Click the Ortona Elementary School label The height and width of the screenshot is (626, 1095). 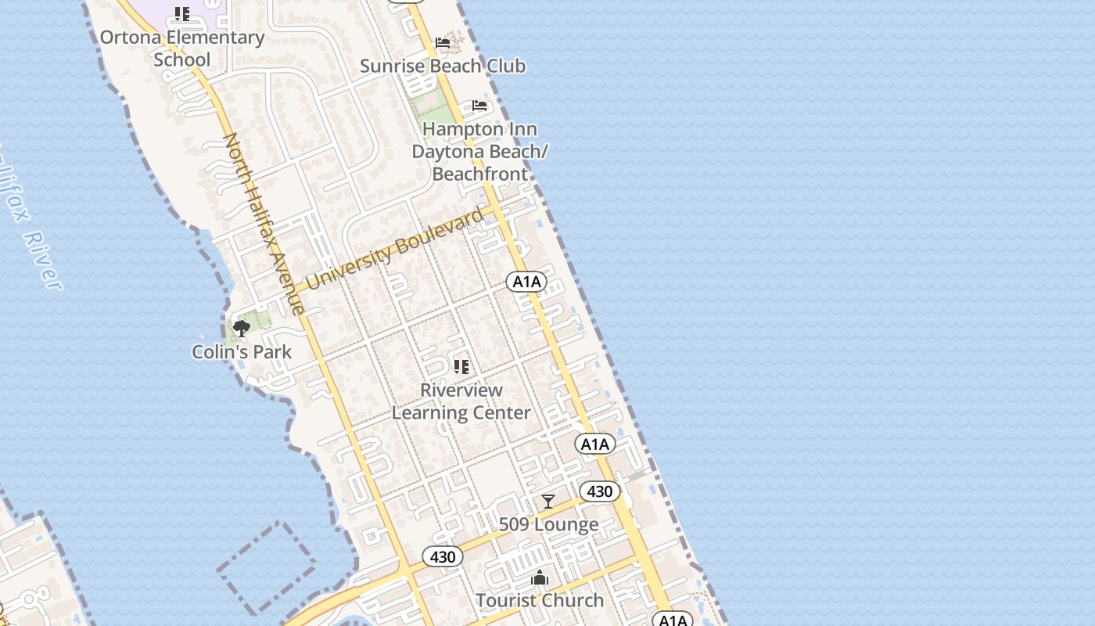(x=181, y=48)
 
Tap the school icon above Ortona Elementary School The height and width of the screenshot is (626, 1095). (x=181, y=14)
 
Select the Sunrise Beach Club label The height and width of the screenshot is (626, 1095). (x=443, y=66)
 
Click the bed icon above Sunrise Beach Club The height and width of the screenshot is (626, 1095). (x=443, y=42)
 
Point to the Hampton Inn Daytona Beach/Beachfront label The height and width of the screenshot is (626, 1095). (x=479, y=151)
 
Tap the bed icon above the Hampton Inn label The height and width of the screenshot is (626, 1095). (x=479, y=106)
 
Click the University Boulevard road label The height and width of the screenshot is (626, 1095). (x=395, y=248)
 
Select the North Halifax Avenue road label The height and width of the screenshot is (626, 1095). (x=264, y=224)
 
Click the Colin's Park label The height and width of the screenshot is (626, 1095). (x=242, y=351)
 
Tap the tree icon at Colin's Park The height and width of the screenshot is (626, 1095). (x=242, y=328)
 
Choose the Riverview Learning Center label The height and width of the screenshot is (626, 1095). (x=461, y=401)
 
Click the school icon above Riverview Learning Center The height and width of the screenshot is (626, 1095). (x=461, y=366)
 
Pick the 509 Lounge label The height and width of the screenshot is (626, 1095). (x=548, y=524)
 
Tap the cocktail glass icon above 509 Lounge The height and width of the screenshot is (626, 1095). (x=548, y=501)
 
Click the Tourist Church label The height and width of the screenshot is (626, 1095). (x=540, y=600)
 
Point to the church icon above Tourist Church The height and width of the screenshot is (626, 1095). (x=540, y=578)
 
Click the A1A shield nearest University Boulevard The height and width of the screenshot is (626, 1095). (x=526, y=282)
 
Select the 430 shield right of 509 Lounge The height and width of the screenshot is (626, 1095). (x=600, y=491)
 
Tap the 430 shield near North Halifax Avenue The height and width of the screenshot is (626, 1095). (x=443, y=557)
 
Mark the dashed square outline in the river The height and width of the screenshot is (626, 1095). (x=266, y=567)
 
